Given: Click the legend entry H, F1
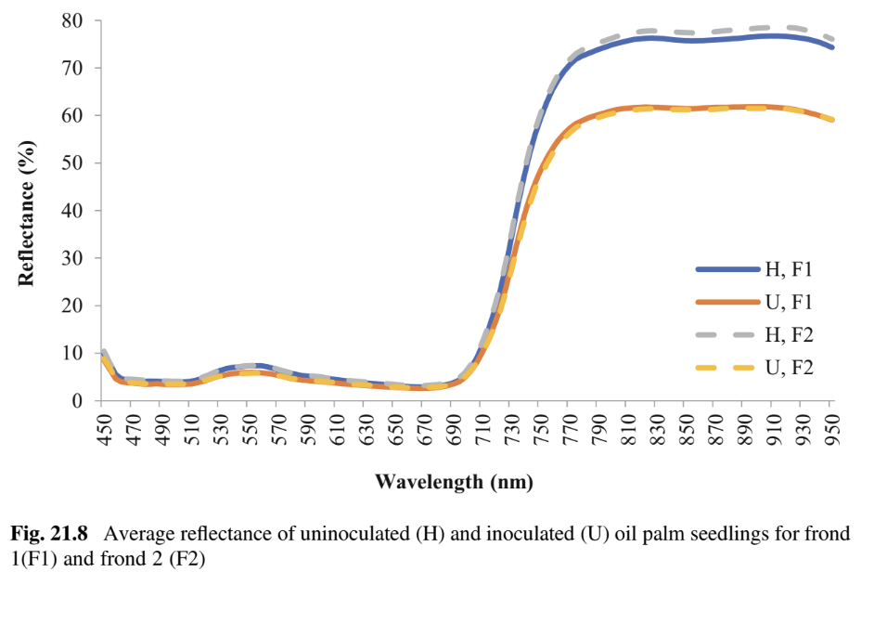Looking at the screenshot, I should [788, 270].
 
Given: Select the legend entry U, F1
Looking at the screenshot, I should [788, 303].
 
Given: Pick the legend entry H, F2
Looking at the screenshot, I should [788, 335].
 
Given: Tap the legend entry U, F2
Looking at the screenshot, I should [788, 368].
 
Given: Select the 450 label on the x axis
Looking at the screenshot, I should [104, 433].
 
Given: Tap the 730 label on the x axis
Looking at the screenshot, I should [510, 433].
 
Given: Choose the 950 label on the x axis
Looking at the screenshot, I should [831, 433].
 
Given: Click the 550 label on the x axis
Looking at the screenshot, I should [249, 433].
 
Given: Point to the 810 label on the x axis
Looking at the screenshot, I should [627, 433].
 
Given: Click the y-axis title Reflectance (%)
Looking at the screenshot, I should [28, 213].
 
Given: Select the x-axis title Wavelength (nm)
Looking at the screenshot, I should [455, 482].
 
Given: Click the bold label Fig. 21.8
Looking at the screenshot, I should [48, 535].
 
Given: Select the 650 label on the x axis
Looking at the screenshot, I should [394, 433].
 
